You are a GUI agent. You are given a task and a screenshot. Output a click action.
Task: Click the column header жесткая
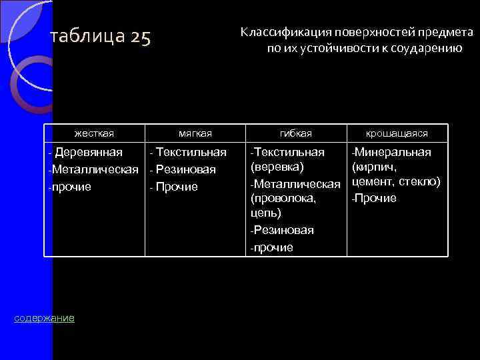click(94, 134)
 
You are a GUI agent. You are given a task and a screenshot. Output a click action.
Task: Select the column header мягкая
click(195, 134)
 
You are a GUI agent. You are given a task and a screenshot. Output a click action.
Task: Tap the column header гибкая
click(296, 134)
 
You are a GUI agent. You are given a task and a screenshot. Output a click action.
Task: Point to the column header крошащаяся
click(397, 134)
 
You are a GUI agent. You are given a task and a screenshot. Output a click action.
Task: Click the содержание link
click(45, 318)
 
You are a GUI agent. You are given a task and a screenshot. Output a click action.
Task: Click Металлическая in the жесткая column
click(95, 169)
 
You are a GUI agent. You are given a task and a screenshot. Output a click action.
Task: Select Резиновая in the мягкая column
click(186, 170)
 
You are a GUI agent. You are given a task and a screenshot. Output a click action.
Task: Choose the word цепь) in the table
click(265, 213)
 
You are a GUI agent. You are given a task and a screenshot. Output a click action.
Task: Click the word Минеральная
click(393, 152)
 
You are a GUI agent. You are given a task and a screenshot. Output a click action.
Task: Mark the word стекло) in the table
click(419, 181)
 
